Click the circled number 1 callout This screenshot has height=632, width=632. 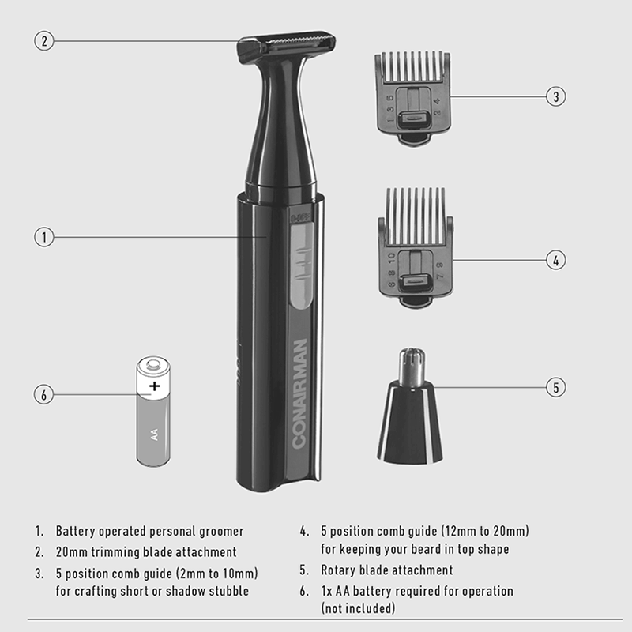[x=44, y=237]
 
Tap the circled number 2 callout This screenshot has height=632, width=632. [x=44, y=41]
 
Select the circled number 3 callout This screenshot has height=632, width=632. [x=556, y=96]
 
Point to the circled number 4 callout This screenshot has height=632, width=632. [x=556, y=260]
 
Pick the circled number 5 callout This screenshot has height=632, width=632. [x=556, y=387]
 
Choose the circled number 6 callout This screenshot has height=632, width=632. [x=44, y=394]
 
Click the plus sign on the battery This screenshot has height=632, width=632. [x=154, y=386]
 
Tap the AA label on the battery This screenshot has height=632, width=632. [x=153, y=434]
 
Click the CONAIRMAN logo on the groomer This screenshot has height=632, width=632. [x=299, y=393]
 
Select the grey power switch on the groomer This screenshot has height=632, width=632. [x=302, y=265]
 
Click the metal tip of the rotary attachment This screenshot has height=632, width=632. [x=412, y=367]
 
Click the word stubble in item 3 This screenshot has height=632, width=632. [x=228, y=591]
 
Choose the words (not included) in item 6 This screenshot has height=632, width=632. [x=358, y=608]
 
